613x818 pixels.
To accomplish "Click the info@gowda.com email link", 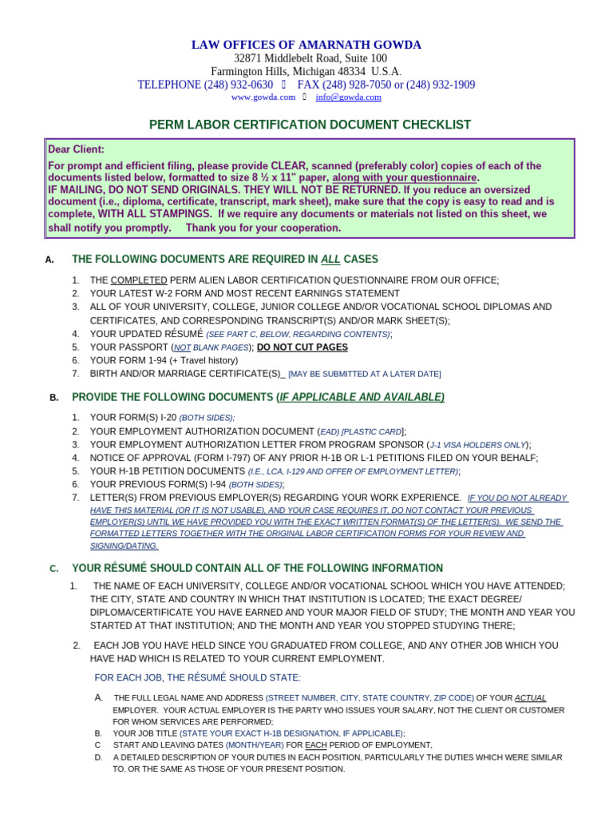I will (x=348, y=97).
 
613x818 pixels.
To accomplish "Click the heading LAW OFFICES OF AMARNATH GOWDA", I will (x=306, y=45).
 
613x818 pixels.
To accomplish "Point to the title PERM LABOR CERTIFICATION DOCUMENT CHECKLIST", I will (x=310, y=125).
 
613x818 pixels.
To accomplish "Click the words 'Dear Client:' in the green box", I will (x=77, y=149).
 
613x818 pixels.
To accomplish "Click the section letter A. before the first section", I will (x=50, y=260).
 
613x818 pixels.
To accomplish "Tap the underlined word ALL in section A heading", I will (x=330, y=259).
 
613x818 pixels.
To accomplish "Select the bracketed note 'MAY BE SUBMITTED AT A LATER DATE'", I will (x=364, y=374).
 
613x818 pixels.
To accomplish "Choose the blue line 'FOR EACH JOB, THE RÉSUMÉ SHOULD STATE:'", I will (x=198, y=677).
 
